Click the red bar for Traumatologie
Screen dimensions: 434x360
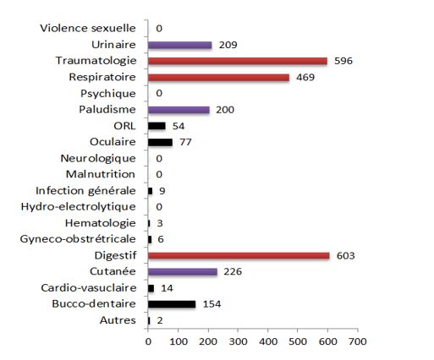[x=238, y=61]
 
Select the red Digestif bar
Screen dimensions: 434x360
[x=239, y=255]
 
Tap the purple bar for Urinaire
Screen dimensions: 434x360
[x=179, y=45]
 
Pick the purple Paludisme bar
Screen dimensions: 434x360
[x=179, y=110]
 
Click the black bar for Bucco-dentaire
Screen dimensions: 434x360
[x=172, y=304]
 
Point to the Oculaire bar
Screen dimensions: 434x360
[x=160, y=142]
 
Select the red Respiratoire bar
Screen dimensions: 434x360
[x=218, y=78]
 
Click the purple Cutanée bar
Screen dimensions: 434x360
[x=183, y=272]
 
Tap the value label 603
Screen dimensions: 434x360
[x=345, y=255]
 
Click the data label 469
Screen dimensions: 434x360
[x=305, y=77]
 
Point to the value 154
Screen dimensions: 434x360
[x=212, y=304]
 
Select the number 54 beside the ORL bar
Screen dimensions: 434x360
[x=179, y=126]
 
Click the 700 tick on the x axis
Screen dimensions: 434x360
[x=358, y=341]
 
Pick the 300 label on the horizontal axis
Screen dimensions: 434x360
[x=239, y=341]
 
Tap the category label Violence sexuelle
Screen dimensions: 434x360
[x=88, y=28]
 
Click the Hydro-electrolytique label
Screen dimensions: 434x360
[x=79, y=207]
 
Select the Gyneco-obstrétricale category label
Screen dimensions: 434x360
[x=78, y=239]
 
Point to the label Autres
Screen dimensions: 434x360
[x=118, y=320]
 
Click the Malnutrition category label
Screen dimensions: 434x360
[x=101, y=174]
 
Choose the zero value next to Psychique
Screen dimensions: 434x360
[x=159, y=93]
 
